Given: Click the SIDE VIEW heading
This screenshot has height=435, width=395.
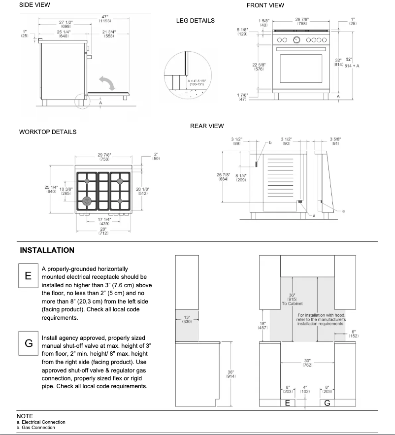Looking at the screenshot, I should coord(34,5).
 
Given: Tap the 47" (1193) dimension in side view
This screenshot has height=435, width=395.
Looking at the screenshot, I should coord(104,19).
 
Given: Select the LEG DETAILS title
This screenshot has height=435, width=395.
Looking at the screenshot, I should coord(195,21).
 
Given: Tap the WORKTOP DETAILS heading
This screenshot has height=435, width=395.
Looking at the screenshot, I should coord(47,132).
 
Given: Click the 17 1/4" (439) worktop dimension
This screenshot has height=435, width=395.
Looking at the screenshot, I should coord(103,221).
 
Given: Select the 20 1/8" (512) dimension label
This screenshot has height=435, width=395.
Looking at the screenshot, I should coord(142,191).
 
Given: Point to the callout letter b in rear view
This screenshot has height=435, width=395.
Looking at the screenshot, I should coord(270,143).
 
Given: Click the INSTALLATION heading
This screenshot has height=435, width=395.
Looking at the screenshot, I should coord(47,250).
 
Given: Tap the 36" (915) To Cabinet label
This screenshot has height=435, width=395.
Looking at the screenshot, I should coord(292,300).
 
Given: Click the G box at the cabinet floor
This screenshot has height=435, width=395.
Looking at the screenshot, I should coord(327,403).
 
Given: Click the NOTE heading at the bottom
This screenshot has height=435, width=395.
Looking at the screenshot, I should coord(25,416).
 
